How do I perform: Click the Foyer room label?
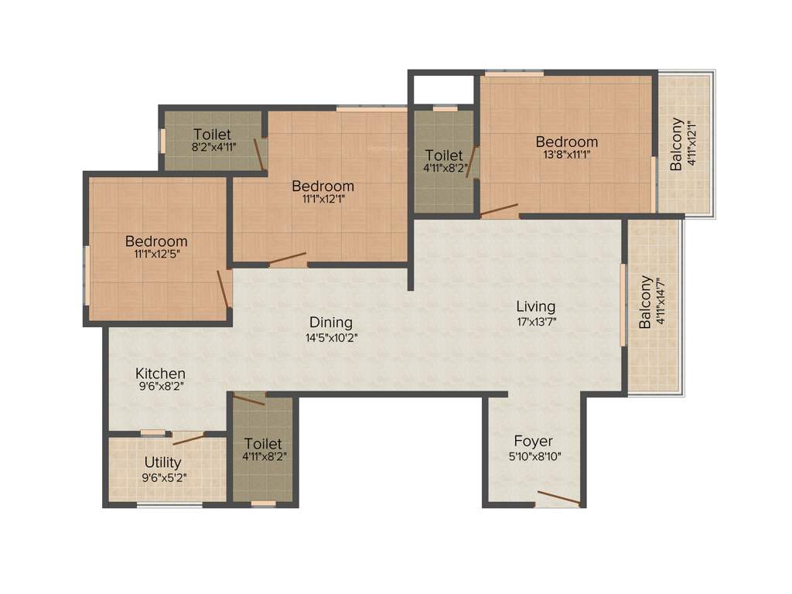[533, 442]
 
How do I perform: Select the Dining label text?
[330, 323]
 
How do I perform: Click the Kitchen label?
[160, 374]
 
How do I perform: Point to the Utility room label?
[163, 463]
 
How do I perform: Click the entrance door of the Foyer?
[558, 498]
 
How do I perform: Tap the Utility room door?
[188, 439]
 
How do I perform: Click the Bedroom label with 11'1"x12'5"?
[156, 241]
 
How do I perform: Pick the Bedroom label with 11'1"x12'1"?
[323, 186]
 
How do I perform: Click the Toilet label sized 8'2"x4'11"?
[212, 134]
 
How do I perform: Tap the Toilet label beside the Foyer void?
[263, 444]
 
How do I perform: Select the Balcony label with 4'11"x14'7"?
[644, 302]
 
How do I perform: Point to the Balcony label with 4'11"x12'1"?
[677, 144]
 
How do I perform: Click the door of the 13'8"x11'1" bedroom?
[499, 209]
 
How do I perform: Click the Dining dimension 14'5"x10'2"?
[330, 337]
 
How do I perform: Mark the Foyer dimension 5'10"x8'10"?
[533, 456]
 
